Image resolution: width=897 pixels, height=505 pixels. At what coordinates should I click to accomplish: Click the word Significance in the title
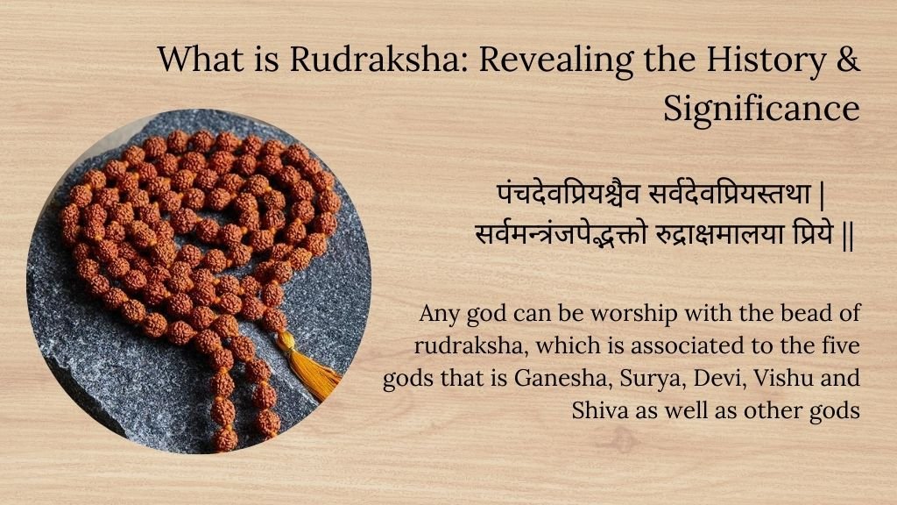760,108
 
